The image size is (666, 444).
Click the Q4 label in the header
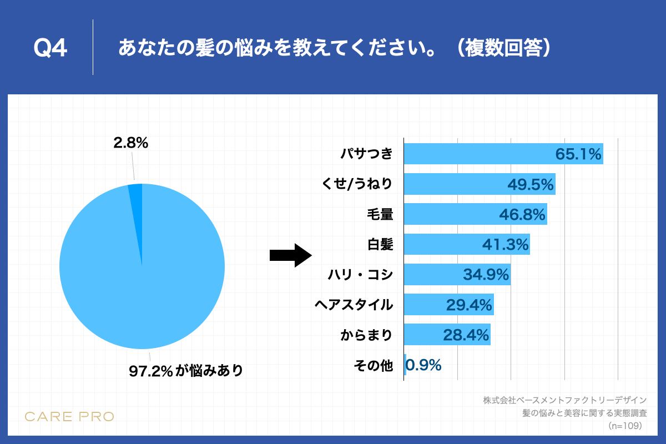pyautogui.click(x=51, y=49)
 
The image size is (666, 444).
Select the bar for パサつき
pyautogui.click(x=477, y=154)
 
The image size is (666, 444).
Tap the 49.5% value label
pyautogui.click(x=531, y=184)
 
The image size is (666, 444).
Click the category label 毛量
pyautogui.click(x=380, y=214)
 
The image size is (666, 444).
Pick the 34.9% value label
pyautogui.click(x=486, y=275)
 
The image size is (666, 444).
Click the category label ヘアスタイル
pyautogui.click(x=354, y=305)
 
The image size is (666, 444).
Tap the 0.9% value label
pyautogui.click(x=424, y=365)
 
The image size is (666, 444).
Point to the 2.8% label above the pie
pyautogui.click(x=130, y=143)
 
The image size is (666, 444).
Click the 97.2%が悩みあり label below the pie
pyautogui.click(x=186, y=371)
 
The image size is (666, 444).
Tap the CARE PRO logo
pyautogui.click(x=69, y=416)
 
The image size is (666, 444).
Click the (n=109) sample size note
pyautogui.click(x=625, y=426)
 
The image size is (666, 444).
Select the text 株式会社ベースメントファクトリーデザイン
pyautogui.click(x=564, y=400)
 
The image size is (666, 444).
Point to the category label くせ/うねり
pyautogui.click(x=357, y=184)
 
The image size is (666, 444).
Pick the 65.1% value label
pyautogui.click(x=578, y=154)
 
